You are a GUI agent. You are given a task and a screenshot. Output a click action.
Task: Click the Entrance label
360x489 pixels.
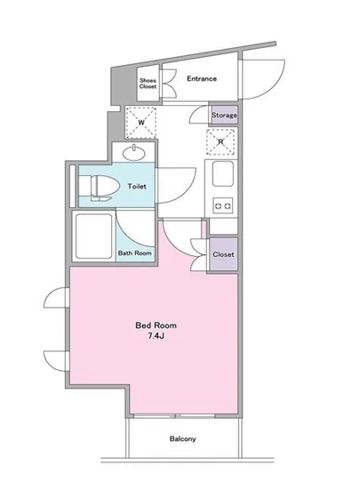pos(202,78)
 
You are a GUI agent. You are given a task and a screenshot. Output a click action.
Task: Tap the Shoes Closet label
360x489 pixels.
pos(148,85)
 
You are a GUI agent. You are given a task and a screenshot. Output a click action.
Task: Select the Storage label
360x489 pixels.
pos(223,115)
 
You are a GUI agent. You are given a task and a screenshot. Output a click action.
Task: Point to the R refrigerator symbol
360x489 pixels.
pos(219,140)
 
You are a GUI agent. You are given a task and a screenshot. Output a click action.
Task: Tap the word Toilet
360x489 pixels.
pos(137,187)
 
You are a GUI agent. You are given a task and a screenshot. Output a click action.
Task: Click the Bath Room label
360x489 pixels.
pos(135,253)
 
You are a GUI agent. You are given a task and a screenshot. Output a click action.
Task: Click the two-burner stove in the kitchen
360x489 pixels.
pos(221,207)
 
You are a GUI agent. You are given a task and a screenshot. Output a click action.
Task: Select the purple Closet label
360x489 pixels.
pos(223,255)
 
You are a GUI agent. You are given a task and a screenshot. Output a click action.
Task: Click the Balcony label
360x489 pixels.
pos(183,439)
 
